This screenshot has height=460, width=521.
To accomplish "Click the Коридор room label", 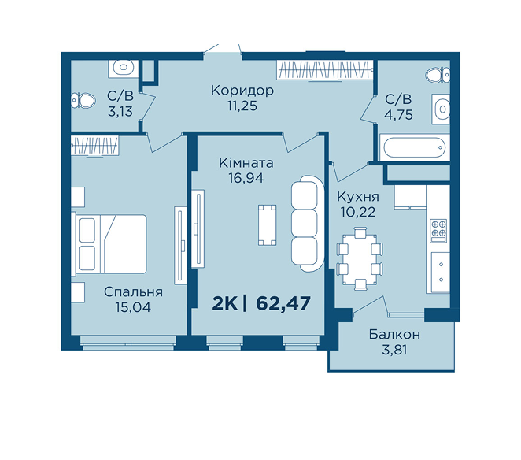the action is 242,91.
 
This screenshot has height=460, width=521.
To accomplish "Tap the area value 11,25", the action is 242,106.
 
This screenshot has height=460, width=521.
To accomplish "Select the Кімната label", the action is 246,163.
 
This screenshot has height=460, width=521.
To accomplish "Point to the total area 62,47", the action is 283,303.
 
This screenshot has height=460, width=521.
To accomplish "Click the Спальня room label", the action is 133,292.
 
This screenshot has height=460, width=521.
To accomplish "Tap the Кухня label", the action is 358,197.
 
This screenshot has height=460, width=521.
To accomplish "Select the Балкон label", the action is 394,334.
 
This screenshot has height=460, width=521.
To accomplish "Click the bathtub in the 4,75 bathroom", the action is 414,147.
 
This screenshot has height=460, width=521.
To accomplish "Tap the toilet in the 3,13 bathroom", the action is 83,100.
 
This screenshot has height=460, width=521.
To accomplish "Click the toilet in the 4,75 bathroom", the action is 438,75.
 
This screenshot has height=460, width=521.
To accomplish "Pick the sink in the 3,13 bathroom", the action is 123,69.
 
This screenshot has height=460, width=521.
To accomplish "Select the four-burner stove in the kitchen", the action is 438,231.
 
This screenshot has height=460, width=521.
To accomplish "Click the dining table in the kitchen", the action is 360,258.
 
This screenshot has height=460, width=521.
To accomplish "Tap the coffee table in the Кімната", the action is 267,224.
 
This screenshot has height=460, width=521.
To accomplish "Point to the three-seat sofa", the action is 307,224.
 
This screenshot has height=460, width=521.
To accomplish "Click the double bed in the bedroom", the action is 109,244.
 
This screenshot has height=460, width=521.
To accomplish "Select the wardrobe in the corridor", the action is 324,70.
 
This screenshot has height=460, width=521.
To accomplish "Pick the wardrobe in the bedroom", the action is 94,146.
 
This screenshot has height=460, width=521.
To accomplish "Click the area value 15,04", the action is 133,307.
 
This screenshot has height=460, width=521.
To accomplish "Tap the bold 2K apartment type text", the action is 225,303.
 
